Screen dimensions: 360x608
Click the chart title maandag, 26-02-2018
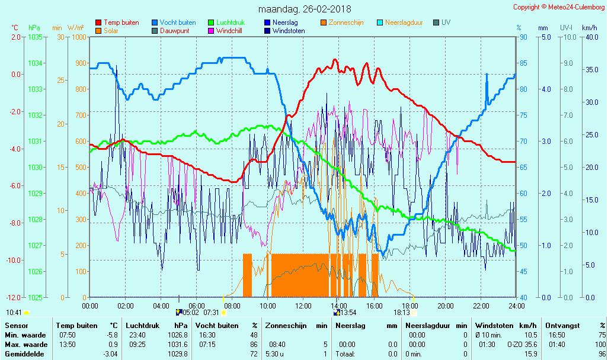coord(305,9)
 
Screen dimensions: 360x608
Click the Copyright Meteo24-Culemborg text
coord(559,7)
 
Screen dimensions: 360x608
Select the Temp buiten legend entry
coord(121,22)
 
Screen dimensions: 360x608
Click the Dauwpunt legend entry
coord(174,31)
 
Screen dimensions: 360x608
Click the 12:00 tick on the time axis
coord(303,306)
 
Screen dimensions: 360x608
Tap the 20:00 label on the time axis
coord(446,306)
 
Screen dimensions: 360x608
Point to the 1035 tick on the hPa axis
coord(35,37)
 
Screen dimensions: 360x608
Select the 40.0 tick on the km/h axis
coord(590,37)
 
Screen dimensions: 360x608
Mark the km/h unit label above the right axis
coord(589,28)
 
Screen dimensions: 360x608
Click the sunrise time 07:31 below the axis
coord(211,313)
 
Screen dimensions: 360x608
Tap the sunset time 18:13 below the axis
coord(401,313)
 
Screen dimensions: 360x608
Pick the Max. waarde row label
coord(26,345)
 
